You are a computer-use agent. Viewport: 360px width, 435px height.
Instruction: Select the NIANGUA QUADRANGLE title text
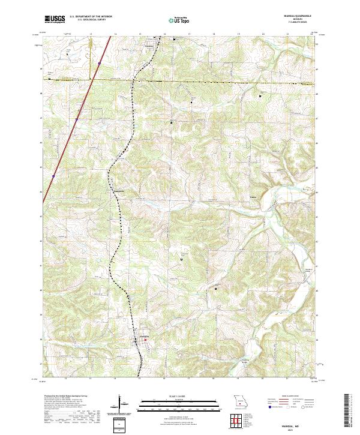305,17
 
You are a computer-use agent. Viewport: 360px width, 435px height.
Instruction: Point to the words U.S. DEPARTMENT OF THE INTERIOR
91,17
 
